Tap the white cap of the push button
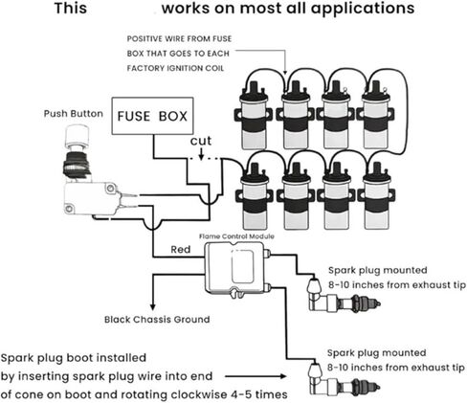(77, 136)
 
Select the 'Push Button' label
(74, 114)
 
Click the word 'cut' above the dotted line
(201, 141)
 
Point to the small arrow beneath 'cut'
(201, 154)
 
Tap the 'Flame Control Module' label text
(236, 236)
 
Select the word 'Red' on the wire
(181, 249)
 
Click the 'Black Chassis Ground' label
(157, 319)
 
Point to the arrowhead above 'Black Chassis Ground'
(153, 307)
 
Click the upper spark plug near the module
(344, 297)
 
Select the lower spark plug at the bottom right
(344, 381)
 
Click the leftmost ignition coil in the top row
(254, 116)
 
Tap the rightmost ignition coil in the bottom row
(376, 195)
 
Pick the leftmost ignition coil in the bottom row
(255, 196)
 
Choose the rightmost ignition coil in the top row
(375, 115)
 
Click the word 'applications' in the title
(363, 9)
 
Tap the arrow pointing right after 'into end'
(256, 376)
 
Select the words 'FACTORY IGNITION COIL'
(175, 68)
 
